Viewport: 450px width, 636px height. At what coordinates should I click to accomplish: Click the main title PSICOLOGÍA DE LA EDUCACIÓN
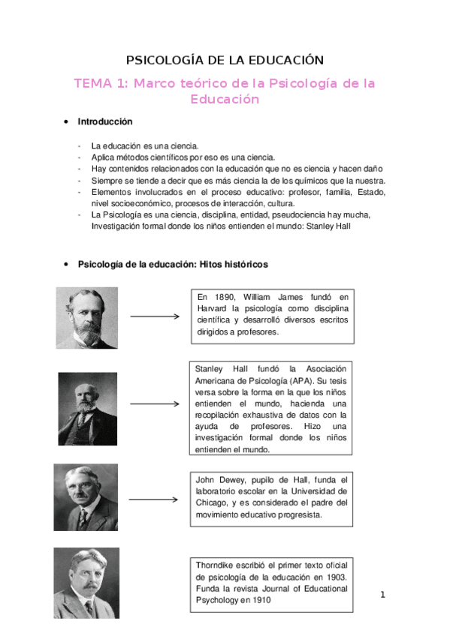pyautogui.click(x=225, y=60)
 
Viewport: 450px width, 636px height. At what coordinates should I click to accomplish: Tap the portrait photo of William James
pyautogui.click(x=87, y=318)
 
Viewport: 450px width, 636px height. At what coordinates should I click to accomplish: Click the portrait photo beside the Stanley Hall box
pyautogui.click(x=88, y=409)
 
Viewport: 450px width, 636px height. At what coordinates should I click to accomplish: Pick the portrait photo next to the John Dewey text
pyautogui.click(x=86, y=497)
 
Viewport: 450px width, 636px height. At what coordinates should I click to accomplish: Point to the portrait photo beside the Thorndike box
pyautogui.click(x=86, y=582)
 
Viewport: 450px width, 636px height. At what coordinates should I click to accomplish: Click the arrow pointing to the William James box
pyautogui.click(x=155, y=316)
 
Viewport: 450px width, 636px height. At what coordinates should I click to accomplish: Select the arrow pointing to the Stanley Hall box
pyautogui.click(x=155, y=403)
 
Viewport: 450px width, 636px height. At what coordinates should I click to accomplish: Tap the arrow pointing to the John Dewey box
pyautogui.click(x=155, y=499)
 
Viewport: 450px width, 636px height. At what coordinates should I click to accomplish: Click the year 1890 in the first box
pyautogui.click(x=220, y=297)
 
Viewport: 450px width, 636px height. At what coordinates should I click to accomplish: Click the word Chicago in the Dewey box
pyautogui.click(x=210, y=503)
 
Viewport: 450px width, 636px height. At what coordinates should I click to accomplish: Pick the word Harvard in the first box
pyautogui.click(x=211, y=308)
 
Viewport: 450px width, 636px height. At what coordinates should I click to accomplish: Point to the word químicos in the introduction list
pyautogui.click(x=298, y=181)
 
